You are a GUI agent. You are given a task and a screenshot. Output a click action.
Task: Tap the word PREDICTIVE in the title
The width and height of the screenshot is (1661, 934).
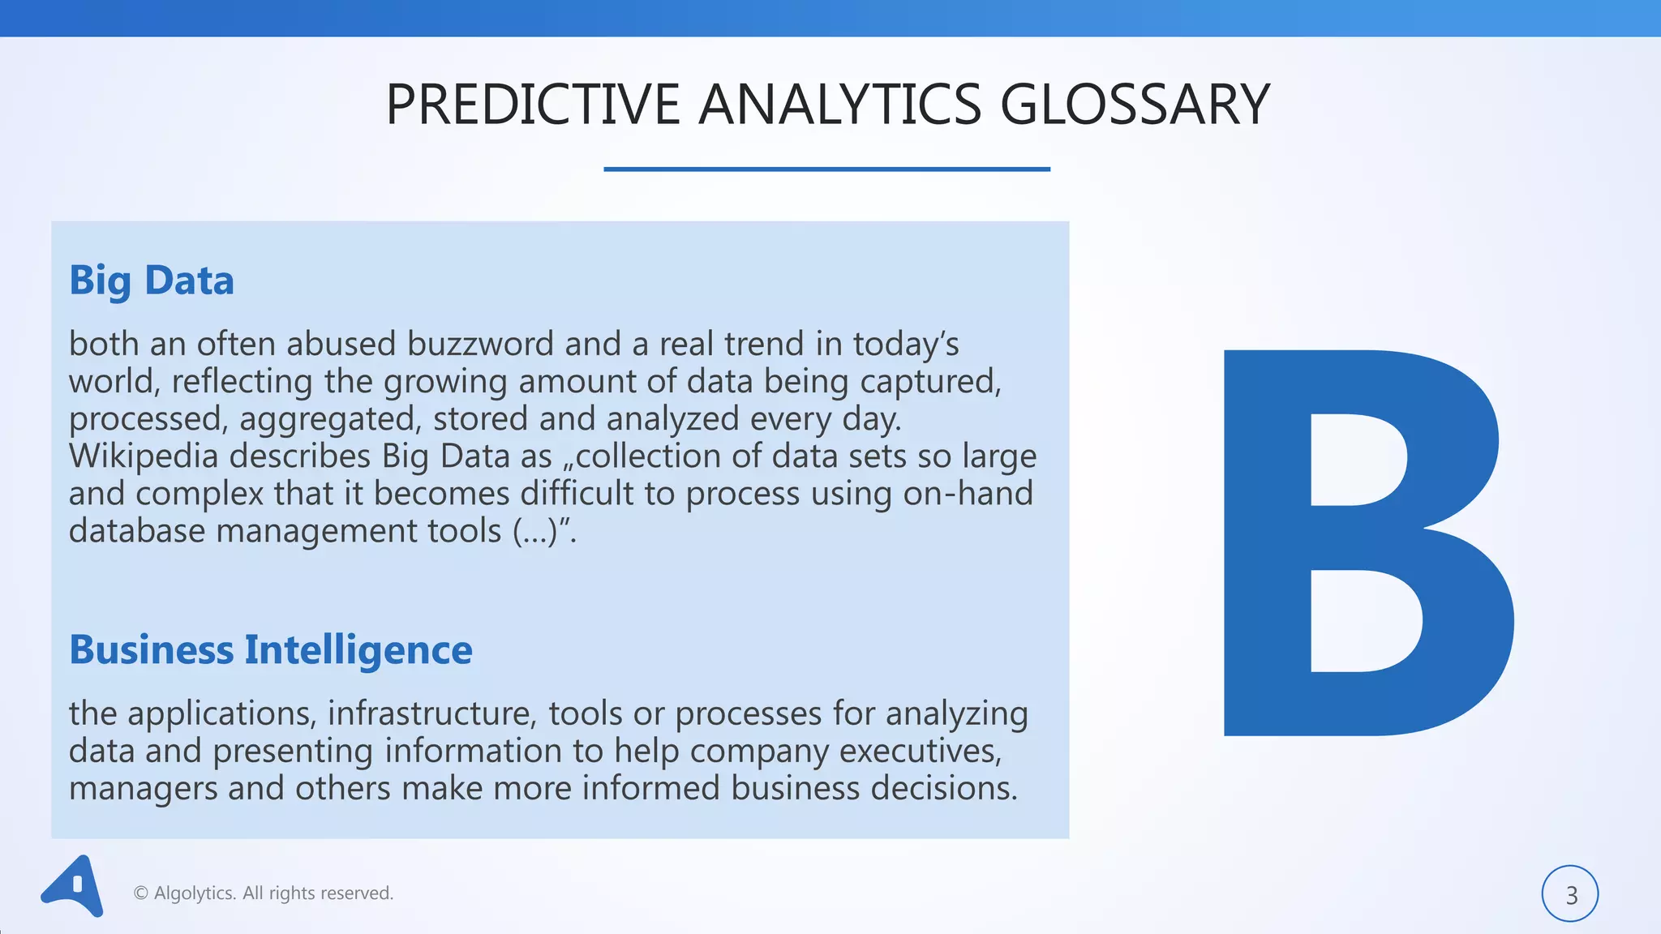532,105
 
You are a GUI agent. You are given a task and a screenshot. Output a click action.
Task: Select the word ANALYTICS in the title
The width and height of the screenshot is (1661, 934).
839,105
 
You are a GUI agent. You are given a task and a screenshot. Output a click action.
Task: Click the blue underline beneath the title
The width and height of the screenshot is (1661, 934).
826,169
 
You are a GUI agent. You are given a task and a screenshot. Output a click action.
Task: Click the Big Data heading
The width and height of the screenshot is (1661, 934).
152,281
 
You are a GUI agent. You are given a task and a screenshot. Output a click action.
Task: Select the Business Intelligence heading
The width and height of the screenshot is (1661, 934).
271,650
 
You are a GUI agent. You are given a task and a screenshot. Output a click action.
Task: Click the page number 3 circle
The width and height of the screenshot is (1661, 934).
1570,894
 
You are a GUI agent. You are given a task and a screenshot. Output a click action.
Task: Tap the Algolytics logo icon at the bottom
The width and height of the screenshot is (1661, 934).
73,886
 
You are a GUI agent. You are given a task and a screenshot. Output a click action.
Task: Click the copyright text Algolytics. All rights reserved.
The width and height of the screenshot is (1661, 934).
264,893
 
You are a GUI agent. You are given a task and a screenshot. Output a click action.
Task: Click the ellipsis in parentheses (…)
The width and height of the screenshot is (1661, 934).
535,531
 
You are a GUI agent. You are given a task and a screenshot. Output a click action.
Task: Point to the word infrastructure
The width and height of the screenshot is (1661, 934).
431,714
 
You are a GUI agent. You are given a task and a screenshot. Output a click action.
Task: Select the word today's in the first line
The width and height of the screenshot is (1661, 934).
905,345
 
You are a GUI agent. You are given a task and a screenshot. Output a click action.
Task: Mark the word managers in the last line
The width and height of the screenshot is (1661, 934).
143,789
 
